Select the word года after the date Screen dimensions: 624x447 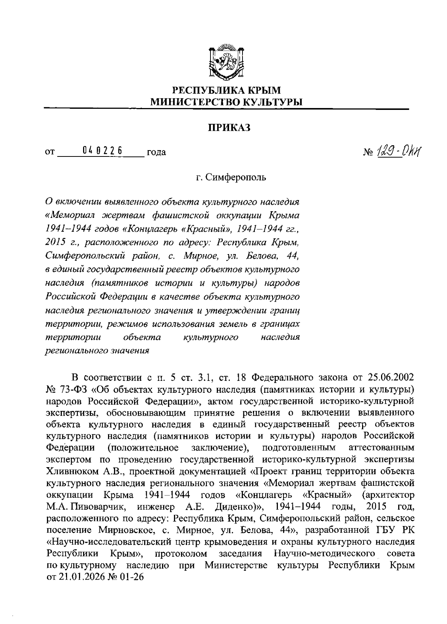point(156,152)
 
